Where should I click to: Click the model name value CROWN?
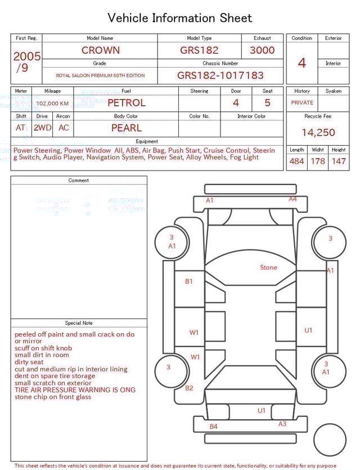[100, 50]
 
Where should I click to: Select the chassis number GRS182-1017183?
[220, 75]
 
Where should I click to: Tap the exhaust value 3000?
[262, 50]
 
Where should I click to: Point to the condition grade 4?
[301, 62]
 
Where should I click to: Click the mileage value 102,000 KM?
[52, 104]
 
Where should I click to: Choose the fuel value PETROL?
[126, 103]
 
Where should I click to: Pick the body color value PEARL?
[126, 128]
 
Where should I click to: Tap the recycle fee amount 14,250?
[318, 133]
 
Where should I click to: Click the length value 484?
[296, 162]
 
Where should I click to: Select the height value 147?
[339, 162]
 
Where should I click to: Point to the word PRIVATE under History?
[302, 103]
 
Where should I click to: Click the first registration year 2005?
[26, 56]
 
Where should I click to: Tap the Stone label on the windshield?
[268, 267]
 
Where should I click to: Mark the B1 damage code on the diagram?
[189, 281]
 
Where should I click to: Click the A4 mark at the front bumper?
[292, 199]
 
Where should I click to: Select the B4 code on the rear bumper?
[213, 427]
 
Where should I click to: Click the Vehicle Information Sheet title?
[180, 18]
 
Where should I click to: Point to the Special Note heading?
[79, 323]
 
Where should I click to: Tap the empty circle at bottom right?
[330, 440]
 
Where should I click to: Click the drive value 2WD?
[42, 128]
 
